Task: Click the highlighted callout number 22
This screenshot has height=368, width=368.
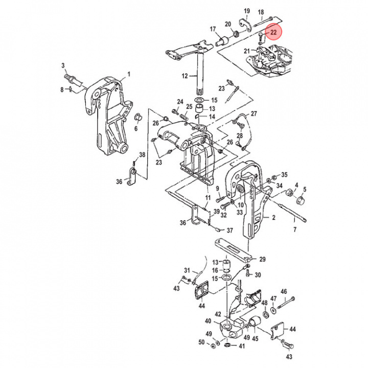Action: coord(273,32)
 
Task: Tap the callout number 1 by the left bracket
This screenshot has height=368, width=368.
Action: coord(129,74)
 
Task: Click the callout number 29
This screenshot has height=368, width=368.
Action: coord(263,259)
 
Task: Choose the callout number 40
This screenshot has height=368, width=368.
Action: coord(208,321)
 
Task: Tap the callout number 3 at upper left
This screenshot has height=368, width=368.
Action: coord(63,65)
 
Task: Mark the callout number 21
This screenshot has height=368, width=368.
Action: coord(246,51)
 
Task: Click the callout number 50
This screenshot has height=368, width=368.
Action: coord(201,342)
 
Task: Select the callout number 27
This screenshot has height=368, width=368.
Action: coord(254,113)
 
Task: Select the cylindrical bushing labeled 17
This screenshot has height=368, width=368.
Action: coord(223,41)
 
